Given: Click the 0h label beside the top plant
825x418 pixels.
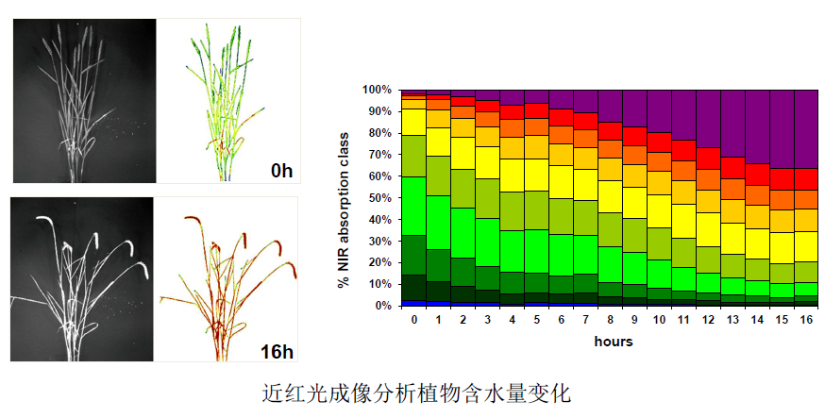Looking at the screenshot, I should [x=281, y=171].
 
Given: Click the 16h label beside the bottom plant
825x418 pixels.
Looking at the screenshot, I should [x=276, y=352].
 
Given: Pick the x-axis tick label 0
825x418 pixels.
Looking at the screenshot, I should [x=413, y=320].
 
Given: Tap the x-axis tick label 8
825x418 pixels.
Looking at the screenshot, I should [x=610, y=320].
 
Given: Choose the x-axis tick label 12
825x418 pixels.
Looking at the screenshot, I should [x=708, y=320].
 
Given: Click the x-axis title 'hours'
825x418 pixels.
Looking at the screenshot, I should [x=613, y=341].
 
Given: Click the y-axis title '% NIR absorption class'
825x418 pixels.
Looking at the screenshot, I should [x=346, y=197].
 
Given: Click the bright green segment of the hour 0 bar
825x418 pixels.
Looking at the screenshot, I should [x=413, y=205].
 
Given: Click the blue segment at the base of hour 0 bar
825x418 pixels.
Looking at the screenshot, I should [x=413, y=303].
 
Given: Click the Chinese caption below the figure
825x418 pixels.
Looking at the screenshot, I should [x=416, y=393].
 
